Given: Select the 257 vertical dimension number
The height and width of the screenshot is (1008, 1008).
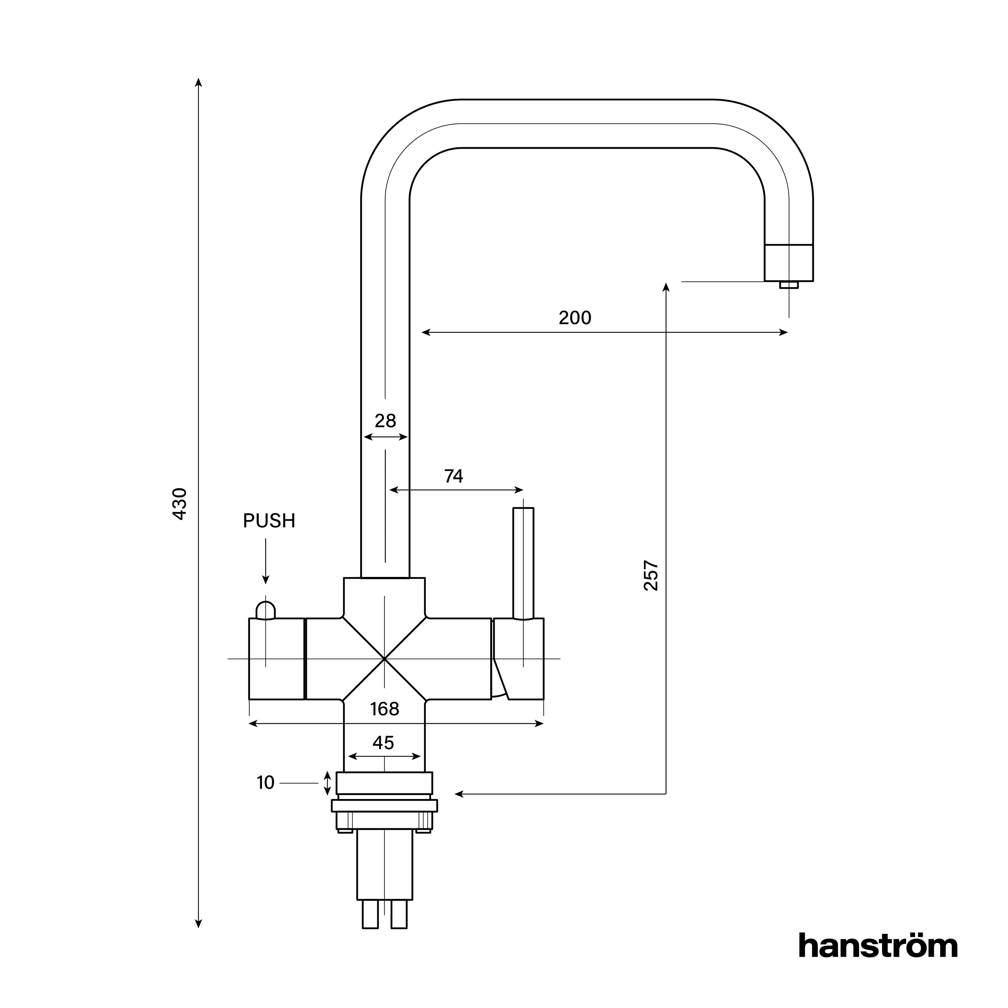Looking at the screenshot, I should [x=651, y=575].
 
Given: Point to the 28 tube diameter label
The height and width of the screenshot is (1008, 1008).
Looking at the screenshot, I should [x=385, y=421].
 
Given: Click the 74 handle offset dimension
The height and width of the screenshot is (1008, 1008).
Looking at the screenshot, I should [x=453, y=476].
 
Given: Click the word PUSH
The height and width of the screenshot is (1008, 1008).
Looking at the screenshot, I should [x=269, y=521].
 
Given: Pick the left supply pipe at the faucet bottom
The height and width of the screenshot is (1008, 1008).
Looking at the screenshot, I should [x=370, y=916].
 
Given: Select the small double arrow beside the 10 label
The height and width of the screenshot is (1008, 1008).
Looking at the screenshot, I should [x=327, y=783].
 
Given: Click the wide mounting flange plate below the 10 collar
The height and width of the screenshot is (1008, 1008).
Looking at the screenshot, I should [x=385, y=806].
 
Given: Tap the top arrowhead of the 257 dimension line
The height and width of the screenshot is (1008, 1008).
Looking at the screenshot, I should [x=666, y=286].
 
